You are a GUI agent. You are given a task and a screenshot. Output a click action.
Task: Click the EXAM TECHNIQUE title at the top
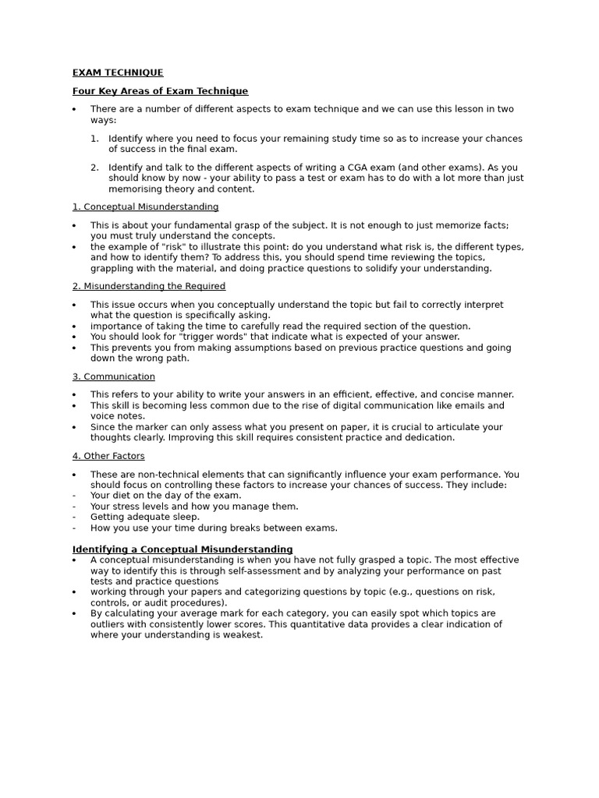(x=118, y=72)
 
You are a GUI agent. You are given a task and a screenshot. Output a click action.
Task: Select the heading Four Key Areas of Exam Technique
(x=160, y=91)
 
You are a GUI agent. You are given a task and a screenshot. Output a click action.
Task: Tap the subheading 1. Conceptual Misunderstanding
(x=145, y=207)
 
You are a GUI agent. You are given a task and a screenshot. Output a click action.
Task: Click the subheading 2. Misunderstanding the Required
(x=149, y=286)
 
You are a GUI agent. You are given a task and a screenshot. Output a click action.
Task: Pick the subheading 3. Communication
(x=114, y=376)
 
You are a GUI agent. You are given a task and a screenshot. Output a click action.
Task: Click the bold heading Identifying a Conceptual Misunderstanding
(x=183, y=549)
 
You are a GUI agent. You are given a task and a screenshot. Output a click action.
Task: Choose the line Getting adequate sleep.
(x=144, y=517)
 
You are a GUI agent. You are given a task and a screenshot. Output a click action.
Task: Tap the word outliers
(x=110, y=624)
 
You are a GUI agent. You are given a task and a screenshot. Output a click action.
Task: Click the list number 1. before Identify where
(x=94, y=139)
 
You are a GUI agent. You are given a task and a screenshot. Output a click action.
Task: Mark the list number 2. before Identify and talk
(x=94, y=168)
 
